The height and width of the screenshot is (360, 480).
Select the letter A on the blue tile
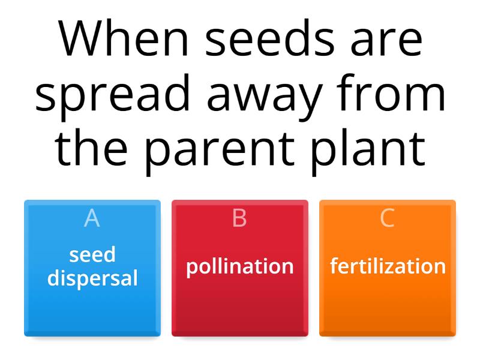(92, 218)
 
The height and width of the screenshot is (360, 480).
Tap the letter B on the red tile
(239, 218)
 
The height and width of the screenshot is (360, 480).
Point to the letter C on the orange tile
(388, 218)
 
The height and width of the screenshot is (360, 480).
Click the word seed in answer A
(92, 255)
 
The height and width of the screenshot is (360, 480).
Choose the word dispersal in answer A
(92, 278)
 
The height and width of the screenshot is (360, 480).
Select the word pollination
(239, 266)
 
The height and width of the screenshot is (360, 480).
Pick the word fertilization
(388, 266)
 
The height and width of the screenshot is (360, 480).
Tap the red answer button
(239, 306)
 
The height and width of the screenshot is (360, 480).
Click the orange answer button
(388, 306)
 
